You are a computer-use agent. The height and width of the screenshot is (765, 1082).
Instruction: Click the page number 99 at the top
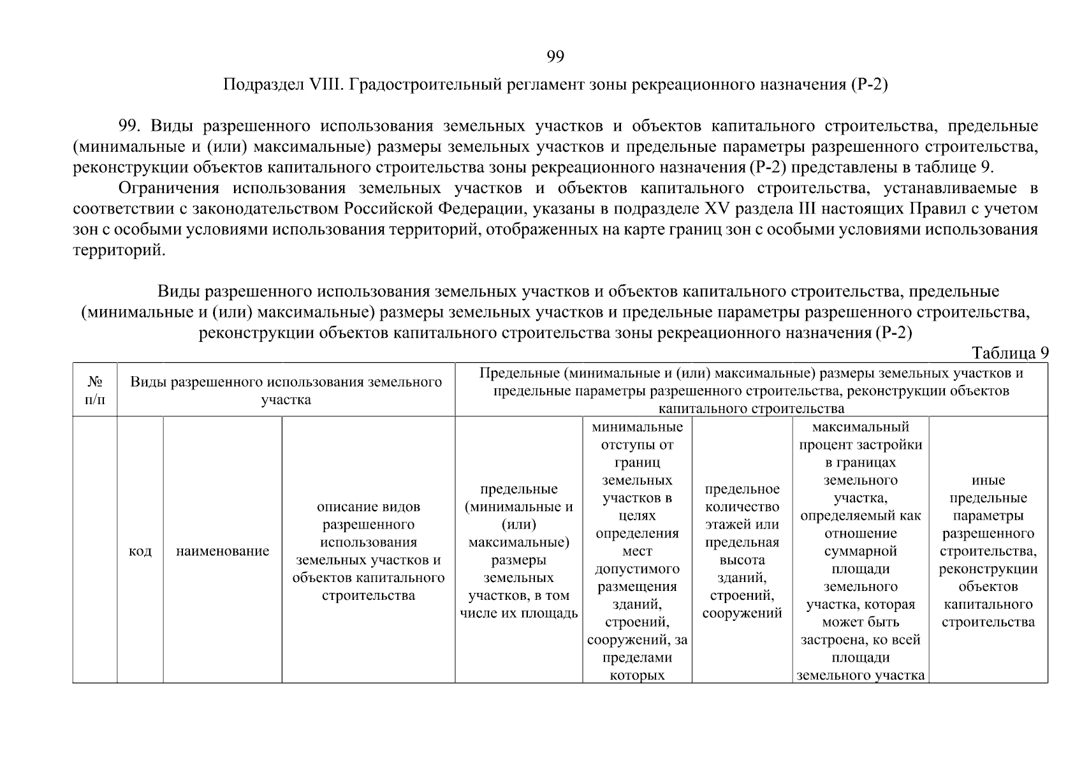[555, 57]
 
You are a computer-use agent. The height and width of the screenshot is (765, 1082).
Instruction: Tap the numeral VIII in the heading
[326, 85]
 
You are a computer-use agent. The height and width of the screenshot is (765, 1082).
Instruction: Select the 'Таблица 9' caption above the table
[1010, 353]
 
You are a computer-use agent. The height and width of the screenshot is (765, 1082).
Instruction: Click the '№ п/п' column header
[95, 391]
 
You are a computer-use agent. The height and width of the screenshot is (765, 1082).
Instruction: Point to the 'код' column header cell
[140, 551]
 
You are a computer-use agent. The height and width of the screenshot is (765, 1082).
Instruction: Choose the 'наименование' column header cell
[223, 551]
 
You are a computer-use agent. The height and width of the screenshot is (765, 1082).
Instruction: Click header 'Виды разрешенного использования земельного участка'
[286, 391]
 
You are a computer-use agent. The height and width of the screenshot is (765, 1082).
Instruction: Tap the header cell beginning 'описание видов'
[369, 551]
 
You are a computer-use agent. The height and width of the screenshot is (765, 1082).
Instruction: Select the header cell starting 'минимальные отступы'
[637, 551]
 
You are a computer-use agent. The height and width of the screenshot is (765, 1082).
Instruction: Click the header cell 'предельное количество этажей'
[742, 551]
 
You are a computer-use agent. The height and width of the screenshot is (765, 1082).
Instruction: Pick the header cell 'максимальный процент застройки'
[860, 551]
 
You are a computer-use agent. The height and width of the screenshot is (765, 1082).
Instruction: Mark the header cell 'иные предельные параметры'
[988, 551]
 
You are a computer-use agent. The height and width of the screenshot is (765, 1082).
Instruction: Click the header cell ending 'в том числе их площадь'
[518, 551]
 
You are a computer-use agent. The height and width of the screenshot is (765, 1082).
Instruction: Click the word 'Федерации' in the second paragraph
[469, 209]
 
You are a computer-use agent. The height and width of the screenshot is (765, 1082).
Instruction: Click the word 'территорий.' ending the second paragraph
[119, 250]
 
